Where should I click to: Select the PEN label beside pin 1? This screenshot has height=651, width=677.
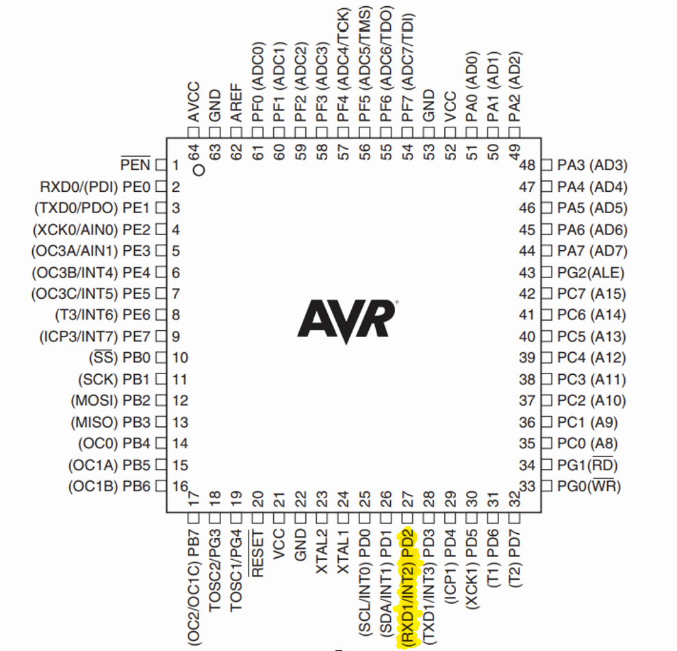coord(135,164)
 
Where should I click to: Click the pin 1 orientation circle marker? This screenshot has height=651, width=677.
coord(199,169)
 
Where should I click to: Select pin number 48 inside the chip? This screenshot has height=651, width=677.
coord(526,165)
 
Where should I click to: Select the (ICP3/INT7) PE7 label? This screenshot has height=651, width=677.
coord(102,336)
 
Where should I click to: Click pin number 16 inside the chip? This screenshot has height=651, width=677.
coord(180,487)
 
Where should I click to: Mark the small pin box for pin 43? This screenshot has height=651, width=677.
coord(547,273)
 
